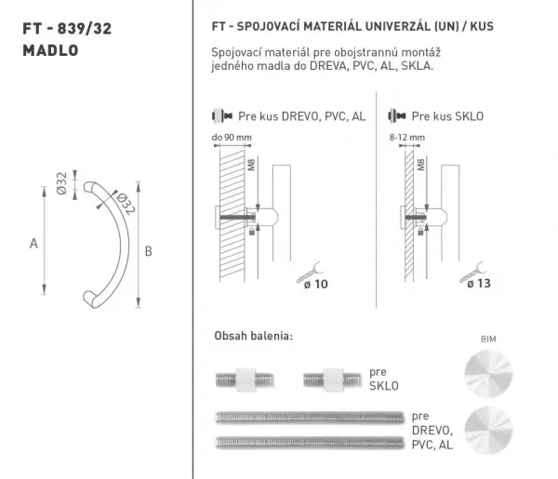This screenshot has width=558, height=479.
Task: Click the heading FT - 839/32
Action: tap(67, 29)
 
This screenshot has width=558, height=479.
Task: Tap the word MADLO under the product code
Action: tap(50, 50)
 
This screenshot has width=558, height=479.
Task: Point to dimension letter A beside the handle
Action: tap(33, 244)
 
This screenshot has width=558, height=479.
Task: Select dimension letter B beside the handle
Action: tap(149, 251)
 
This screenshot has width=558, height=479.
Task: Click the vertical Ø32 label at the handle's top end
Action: tap(61, 183)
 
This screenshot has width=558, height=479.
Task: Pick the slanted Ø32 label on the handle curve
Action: tap(126, 204)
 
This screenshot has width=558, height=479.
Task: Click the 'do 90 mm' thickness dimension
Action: tap(232, 138)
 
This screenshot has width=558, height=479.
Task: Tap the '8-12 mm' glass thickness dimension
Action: tap(407, 138)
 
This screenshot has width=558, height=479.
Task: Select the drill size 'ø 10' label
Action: tap(315, 284)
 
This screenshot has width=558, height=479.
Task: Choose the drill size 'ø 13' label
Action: tap(479, 284)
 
